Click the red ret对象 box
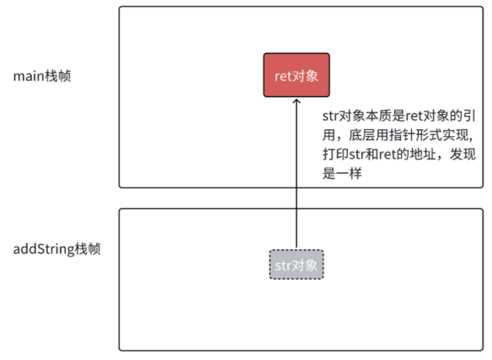(296, 75)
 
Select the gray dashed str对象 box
(296, 265)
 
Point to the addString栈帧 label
(58, 249)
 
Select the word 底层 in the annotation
(354, 136)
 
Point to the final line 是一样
(343, 175)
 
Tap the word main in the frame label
(28, 76)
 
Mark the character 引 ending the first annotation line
(473, 117)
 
